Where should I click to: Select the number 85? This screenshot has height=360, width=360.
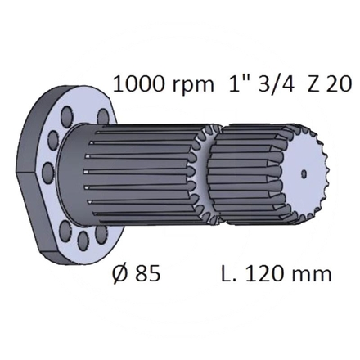(x=146, y=272)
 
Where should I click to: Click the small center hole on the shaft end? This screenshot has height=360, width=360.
(x=304, y=173)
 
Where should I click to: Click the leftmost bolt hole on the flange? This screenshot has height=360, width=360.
(x=47, y=173)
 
